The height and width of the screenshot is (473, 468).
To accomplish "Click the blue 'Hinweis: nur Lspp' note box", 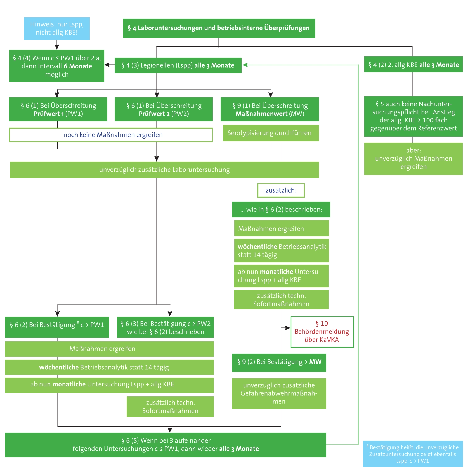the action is pos(57,28).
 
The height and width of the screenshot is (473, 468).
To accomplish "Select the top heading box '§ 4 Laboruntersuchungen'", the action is pos(219,28).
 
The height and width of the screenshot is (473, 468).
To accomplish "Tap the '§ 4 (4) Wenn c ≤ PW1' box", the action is pos(57,66).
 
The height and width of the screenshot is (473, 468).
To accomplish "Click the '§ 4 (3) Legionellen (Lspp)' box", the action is pos(178,65).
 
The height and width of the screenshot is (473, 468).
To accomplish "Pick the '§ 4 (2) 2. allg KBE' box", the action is pos(413,65).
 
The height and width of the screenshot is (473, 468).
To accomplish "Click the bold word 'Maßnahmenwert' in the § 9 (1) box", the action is pos(261,114).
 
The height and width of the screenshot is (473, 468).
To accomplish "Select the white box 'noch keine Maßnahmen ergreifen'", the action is pos(111,135).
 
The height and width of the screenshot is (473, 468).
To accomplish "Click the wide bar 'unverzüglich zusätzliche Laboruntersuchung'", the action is pos(164,170).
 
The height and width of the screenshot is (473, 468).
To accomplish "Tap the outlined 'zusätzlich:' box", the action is pos(281,190).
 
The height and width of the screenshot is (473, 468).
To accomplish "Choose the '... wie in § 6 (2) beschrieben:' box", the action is pos(281,210).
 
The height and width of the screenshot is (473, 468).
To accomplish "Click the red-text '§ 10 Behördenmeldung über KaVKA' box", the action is pos(322,332).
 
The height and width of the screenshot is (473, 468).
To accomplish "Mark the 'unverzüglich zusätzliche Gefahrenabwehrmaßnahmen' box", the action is pos(279,393).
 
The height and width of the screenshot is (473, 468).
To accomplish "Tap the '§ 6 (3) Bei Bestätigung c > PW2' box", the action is pos(165,327).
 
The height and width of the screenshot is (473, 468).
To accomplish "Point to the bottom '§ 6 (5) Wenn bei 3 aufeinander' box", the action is pos(166,445).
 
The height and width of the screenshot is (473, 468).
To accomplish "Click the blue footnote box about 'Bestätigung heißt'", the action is pos(413,454).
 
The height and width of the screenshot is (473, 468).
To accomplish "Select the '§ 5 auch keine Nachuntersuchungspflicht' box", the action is pos(413,116).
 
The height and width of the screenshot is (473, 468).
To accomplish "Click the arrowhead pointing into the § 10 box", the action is pos(288,328).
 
